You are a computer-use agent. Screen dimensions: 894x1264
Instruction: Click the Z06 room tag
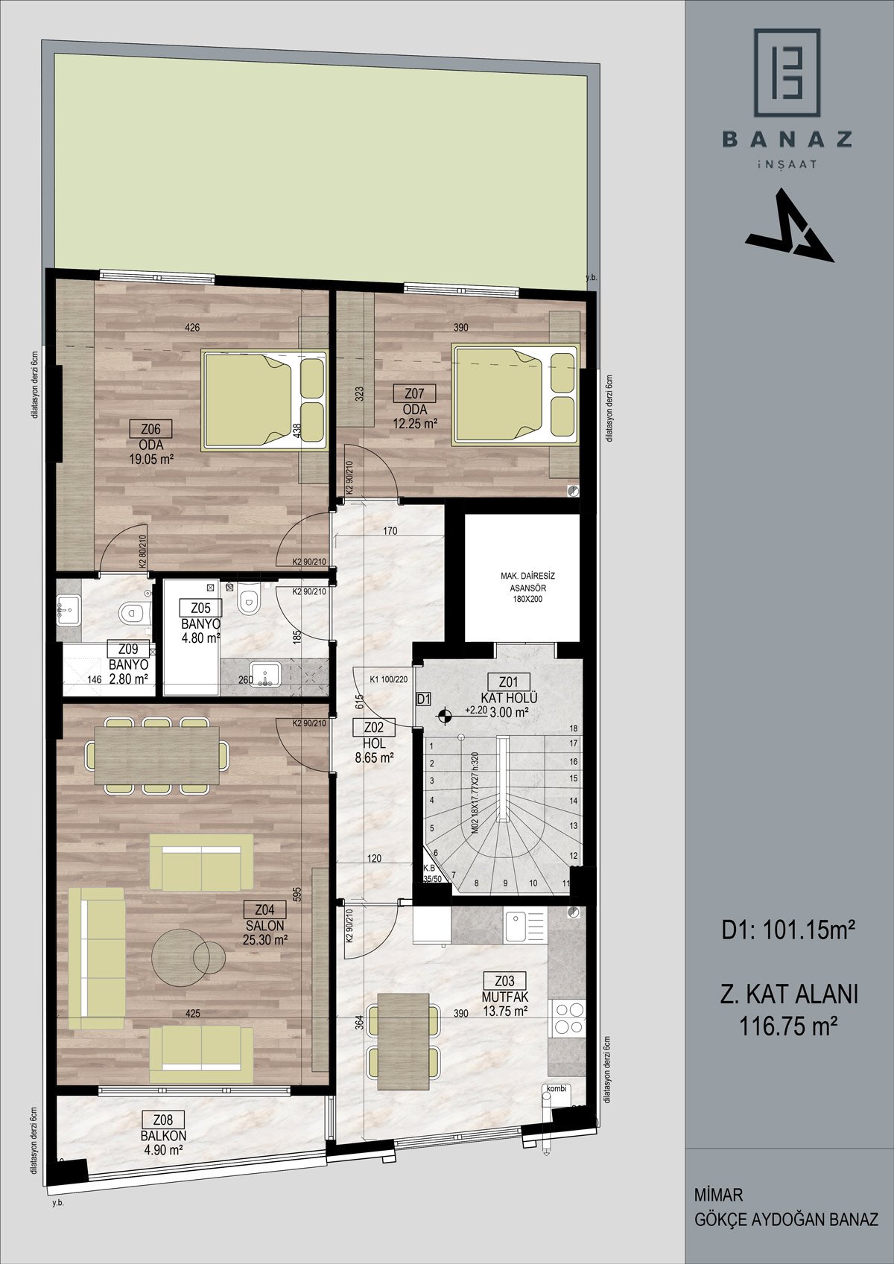pos(150,429)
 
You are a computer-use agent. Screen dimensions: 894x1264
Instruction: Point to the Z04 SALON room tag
pos(264,909)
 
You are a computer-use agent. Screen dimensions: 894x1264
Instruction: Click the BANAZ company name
pos(787,139)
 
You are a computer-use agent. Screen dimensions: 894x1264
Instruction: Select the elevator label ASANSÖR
pos(527,588)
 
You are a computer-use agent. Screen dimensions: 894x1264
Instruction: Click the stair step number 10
pos(533,883)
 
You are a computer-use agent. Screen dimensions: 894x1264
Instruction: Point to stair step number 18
pos(574,728)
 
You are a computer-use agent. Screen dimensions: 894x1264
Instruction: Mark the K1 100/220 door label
pos(389,679)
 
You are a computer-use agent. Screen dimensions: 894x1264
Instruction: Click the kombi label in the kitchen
pos(556,1088)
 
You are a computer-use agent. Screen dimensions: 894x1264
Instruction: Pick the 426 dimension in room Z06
pos(192,327)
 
